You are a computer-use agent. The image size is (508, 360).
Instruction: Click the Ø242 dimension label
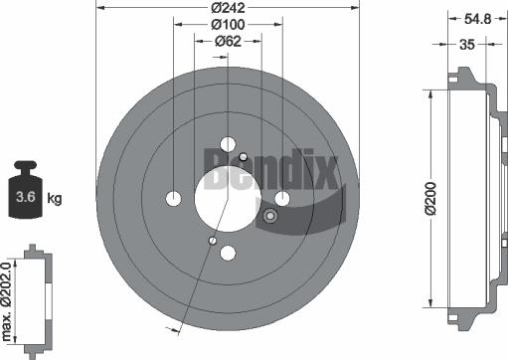click(229, 8)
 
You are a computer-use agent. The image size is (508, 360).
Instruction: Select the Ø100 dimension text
click(229, 24)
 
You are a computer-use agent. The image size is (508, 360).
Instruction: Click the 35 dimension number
click(465, 44)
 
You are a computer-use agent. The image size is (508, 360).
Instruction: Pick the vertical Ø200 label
click(431, 198)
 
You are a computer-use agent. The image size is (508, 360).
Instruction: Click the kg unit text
click(55, 199)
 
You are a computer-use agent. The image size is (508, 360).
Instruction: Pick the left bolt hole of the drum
click(174, 197)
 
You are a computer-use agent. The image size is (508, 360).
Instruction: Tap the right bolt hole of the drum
click(282, 198)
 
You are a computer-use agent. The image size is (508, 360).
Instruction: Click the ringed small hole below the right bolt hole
click(269, 217)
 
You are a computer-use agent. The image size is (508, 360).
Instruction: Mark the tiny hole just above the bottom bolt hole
click(213, 239)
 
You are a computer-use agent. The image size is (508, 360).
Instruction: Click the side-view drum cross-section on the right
click(468, 198)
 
